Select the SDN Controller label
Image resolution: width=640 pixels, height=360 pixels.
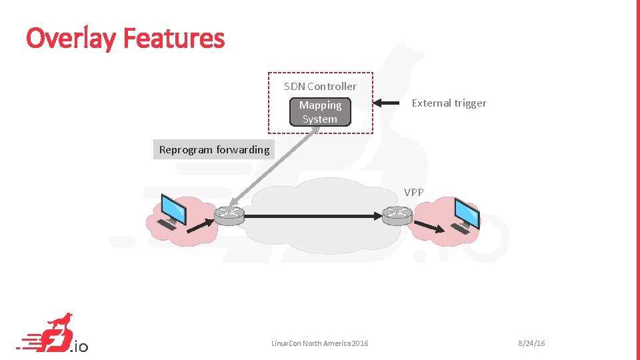[320, 86]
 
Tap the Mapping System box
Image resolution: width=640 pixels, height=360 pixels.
[320, 112]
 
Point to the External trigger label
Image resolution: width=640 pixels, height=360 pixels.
[449, 103]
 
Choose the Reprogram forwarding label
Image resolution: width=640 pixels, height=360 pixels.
[214, 149]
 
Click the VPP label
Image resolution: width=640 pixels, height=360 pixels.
[413, 192]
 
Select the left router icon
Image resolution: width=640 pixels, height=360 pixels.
[229, 215]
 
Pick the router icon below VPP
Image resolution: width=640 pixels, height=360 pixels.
[397, 215]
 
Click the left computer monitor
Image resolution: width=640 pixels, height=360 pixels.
[175, 209]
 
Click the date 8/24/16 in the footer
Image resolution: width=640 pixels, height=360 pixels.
[531, 343]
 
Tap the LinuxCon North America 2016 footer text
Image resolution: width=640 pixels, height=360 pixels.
[319, 343]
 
